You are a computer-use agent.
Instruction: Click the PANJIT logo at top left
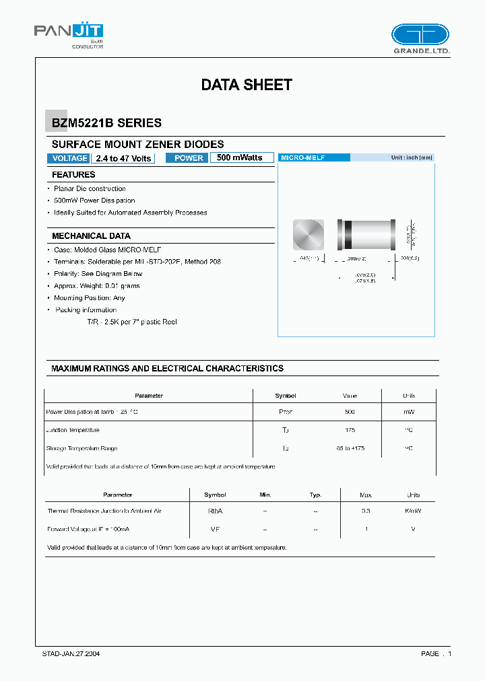pos(69,32)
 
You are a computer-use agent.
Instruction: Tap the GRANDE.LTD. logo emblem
pos(420,34)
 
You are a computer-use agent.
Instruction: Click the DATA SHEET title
pos(247,85)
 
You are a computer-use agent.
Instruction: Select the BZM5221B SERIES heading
pos(106,123)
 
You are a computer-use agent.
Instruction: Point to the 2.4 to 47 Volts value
pos(123,158)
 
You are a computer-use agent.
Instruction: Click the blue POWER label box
pos(188,158)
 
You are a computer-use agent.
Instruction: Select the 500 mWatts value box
pos(242,157)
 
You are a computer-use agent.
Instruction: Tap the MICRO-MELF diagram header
pos(314,157)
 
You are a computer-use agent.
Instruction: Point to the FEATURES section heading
pos(73,175)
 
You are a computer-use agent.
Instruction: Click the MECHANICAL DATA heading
pos(91,236)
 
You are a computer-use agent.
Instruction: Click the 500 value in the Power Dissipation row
pos(350,412)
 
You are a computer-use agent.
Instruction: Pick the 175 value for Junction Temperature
pos(350,430)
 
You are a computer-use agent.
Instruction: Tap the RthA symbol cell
pos(215,511)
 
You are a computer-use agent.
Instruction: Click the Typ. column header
pos(315,495)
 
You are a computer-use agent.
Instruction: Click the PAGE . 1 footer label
pos(436,653)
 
